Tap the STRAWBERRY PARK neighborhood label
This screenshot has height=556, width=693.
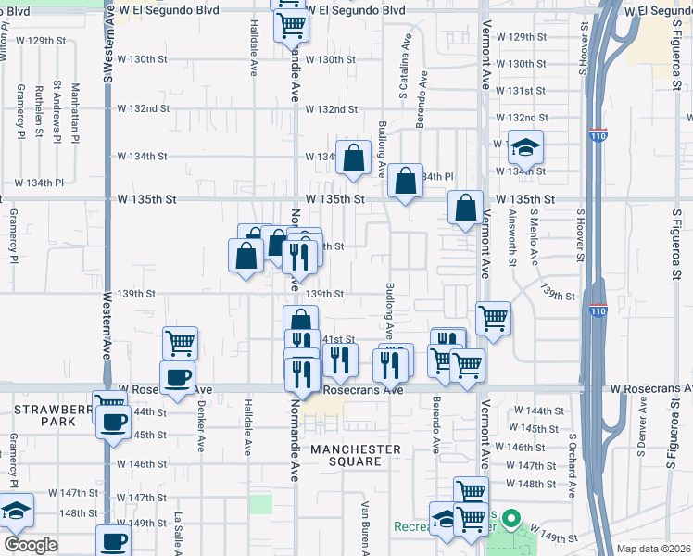click(x=41, y=414)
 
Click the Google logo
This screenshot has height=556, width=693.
click(x=31, y=544)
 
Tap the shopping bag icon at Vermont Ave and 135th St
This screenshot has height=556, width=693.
click(x=466, y=208)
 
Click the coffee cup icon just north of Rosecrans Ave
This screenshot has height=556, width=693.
click(x=177, y=377)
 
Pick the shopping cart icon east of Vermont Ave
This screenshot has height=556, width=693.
click(x=493, y=318)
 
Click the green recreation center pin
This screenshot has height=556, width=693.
click(x=509, y=522)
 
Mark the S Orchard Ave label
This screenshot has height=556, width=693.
click(x=573, y=463)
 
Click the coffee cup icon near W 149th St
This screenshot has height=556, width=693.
click(x=114, y=540)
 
